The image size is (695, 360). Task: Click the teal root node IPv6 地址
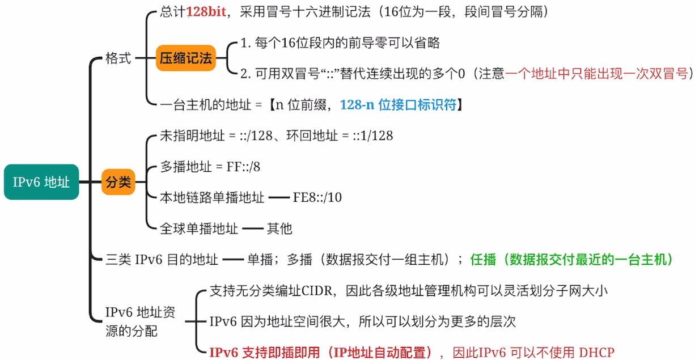point(41,182)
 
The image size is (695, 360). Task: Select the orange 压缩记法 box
point(186,58)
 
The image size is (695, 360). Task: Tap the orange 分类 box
point(118,182)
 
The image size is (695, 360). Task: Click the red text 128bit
point(206,12)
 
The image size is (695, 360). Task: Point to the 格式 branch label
point(118,58)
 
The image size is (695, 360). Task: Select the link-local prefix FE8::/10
point(317,197)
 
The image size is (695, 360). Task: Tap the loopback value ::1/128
point(372,136)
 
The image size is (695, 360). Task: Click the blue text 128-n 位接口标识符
point(398,104)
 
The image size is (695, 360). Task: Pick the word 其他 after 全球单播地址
point(279,228)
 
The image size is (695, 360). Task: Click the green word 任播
point(483,260)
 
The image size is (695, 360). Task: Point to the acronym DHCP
point(596,353)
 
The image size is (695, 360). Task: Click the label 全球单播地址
point(199,228)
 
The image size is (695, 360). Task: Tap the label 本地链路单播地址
point(212,197)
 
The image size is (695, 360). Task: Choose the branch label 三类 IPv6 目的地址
point(162,260)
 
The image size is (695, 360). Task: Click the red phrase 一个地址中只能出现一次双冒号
point(596,74)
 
